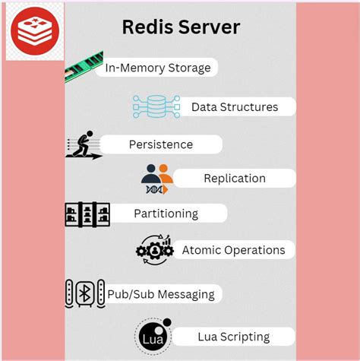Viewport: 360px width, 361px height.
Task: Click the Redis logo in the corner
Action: (x=33, y=32)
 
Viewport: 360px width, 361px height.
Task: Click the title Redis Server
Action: (x=181, y=27)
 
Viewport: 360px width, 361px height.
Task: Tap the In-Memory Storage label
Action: (x=158, y=68)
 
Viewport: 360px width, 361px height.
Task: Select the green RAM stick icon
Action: (x=84, y=66)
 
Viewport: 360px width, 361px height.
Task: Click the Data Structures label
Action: (x=234, y=107)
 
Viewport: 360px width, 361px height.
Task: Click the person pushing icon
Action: (x=84, y=144)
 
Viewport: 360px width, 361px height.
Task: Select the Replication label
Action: (x=235, y=179)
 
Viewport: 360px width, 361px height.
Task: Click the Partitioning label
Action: (x=166, y=214)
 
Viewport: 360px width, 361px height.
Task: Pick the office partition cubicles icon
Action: (x=87, y=214)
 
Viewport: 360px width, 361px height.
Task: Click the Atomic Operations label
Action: (x=233, y=250)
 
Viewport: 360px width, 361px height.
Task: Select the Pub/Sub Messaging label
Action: (x=160, y=293)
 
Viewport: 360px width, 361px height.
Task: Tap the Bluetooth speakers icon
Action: (x=84, y=293)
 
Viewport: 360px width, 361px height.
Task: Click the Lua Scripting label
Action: (x=233, y=337)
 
